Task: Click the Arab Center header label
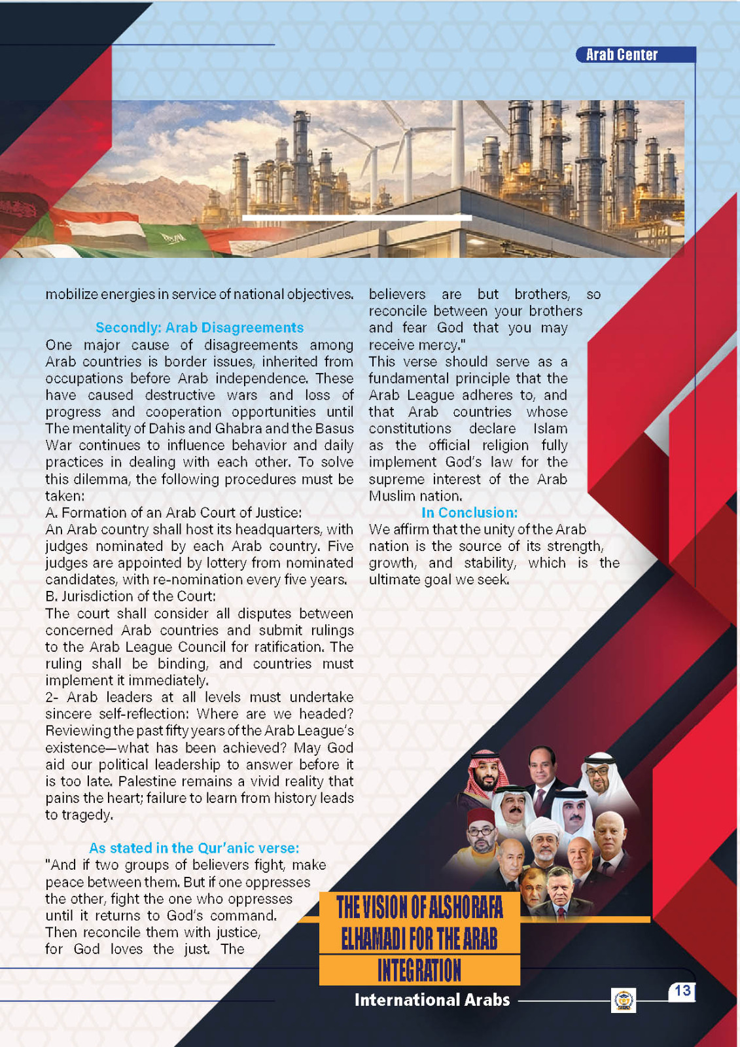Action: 622,55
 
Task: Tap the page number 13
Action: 682,991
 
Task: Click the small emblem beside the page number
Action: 624,1000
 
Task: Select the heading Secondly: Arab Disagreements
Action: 200,327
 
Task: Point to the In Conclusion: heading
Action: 469,512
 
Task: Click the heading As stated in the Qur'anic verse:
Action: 194,848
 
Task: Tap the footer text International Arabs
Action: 432,1000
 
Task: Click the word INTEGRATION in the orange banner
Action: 419,970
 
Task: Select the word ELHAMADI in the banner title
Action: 372,939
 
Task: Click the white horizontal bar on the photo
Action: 357,217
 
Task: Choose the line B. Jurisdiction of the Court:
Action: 131,596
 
